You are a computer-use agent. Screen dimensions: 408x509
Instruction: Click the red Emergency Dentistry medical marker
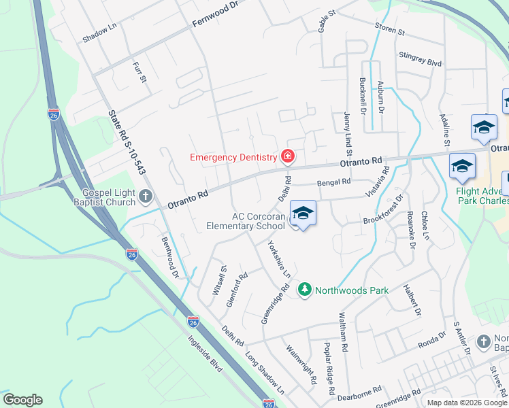coord(288,157)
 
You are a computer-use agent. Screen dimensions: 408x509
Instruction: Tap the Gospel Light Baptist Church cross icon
coord(145,197)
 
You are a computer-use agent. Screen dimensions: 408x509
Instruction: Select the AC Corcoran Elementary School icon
coord(303,214)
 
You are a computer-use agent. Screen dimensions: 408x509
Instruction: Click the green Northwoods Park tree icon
coord(306,290)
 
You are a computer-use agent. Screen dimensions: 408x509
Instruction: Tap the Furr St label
coord(139,72)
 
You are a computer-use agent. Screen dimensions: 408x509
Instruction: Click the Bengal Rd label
coord(333,182)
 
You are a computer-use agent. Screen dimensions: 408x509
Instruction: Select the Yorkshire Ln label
coord(280,259)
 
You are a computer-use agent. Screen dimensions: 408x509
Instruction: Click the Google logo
coord(22,400)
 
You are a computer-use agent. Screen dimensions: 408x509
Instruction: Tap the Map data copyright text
coord(466,403)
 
